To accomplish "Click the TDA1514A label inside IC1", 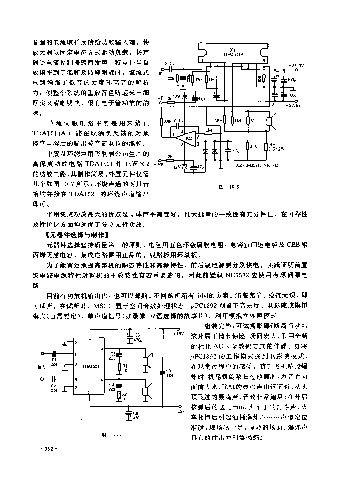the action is point(233,54).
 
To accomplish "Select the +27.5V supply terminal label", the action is point(296,65).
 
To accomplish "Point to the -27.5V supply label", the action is point(293,105).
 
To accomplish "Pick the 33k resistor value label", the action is point(168,121).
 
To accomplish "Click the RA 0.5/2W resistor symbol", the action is point(266,147).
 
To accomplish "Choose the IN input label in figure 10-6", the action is point(161,73).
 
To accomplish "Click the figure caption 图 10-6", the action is point(229,187).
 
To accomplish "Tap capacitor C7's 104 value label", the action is point(170,375).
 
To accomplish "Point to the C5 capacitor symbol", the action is point(129,337).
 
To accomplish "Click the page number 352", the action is point(49,449).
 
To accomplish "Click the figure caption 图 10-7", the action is point(111,435).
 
